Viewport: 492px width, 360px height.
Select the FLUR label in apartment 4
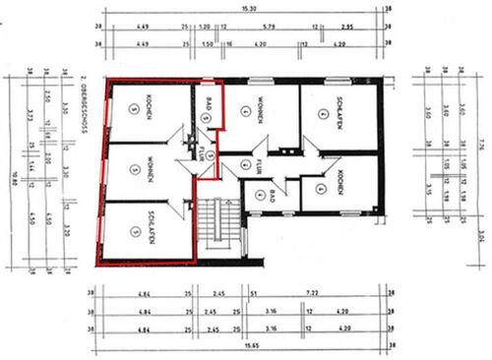[254, 164]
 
